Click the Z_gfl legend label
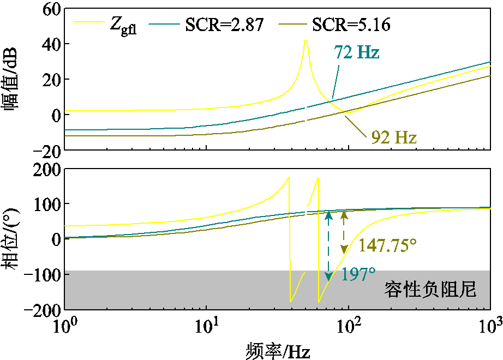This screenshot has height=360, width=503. (x=123, y=26)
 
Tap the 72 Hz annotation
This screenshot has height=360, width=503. (x=356, y=53)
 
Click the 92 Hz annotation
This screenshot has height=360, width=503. (x=394, y=137)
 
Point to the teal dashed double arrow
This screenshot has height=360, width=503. (x=328, y=247)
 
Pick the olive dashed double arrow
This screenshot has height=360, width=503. (x=344, y=232)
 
